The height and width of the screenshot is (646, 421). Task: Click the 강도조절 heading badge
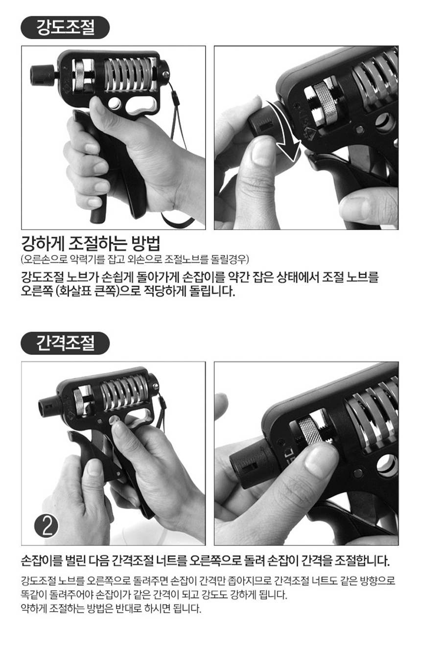point(65,27)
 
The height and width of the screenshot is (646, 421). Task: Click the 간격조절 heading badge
point(65,343)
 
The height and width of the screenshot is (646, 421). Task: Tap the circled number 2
point(46,526)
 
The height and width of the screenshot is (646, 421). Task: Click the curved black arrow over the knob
point(286,130)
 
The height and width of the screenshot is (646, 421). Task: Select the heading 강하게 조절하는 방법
point(91,244)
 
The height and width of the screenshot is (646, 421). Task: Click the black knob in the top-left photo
point(43,75)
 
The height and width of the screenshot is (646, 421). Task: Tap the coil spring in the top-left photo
point(130,74)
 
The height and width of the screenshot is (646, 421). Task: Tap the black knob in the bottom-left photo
point(49,406)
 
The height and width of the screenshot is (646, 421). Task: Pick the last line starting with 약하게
point(111,608)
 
